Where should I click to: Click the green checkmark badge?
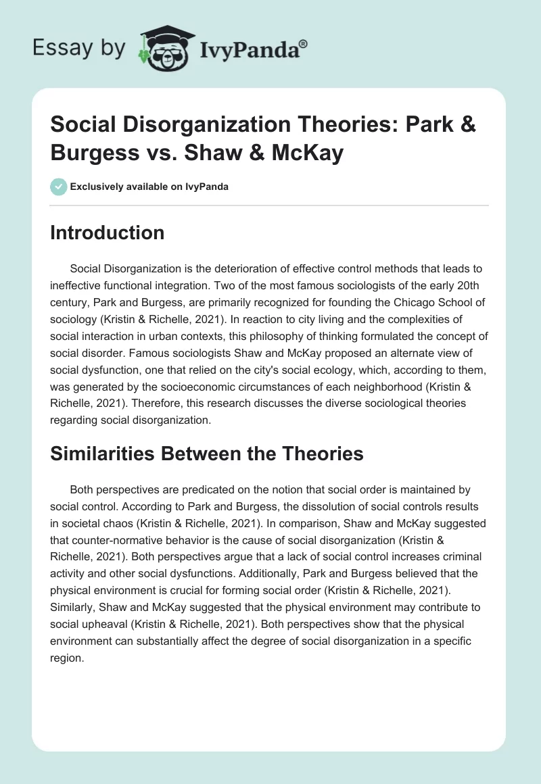click(59, 187)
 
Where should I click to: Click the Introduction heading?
click(108, 233)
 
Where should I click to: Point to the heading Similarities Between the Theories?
click(207, 454)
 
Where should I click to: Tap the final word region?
click(66, 638)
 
